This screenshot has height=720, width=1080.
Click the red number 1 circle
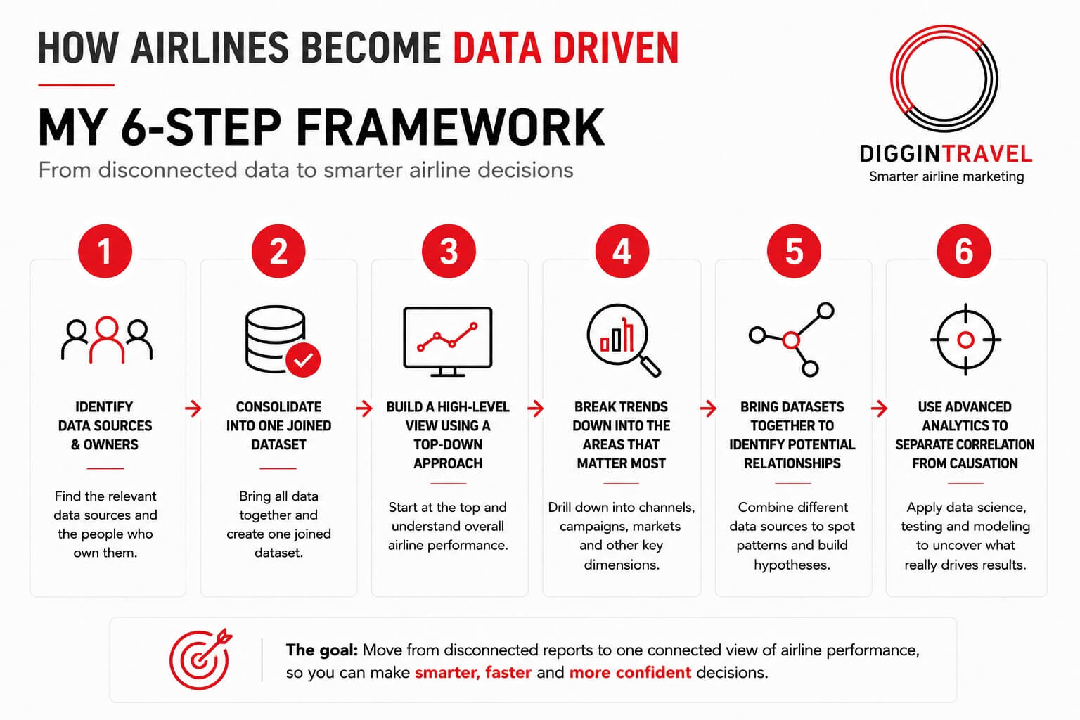coord(105,251)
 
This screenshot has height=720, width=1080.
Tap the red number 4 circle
coord(622,251)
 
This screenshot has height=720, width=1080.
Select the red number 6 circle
coord(964,251)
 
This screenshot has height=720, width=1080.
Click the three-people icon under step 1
coord(107,340)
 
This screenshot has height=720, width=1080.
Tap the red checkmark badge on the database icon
coord(303,360)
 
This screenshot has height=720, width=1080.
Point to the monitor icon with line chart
coord(447,342)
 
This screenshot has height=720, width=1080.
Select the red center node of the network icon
coord(791,340)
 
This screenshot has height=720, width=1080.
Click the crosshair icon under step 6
coord(965,340)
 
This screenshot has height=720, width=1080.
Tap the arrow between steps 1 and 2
coord(193,409)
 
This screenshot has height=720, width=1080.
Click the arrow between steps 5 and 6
coord(879,409)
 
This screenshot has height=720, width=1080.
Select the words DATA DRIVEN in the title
coord(566,49)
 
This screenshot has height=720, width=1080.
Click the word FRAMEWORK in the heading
coord(450,127)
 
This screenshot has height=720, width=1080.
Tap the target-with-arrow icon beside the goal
coord(200,659)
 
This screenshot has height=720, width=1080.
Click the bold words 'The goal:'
coord(321,650)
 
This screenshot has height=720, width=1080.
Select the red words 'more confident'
coord(630,672)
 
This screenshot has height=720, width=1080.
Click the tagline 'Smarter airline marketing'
coord(946,176)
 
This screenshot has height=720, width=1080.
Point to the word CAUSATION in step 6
coord(985,463)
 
